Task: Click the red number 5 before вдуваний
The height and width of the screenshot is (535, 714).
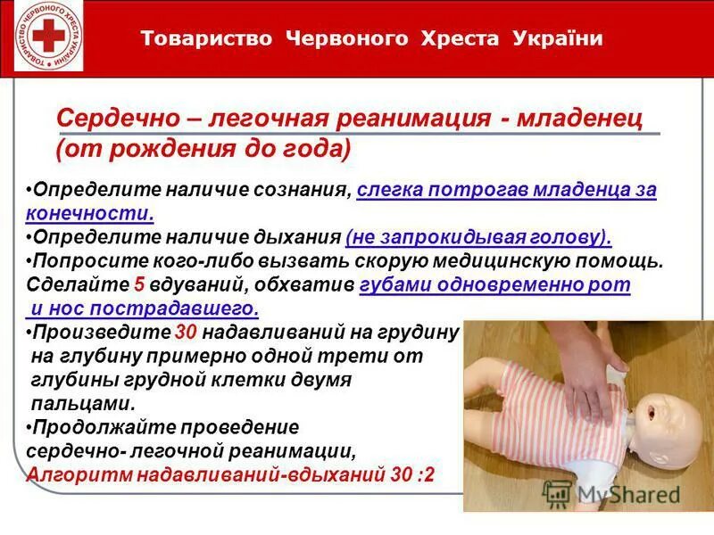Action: click(x=138, y=285)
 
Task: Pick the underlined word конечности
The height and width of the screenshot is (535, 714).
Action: click(x=89, y=214)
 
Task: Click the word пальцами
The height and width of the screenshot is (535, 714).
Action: click(x=84, y=403)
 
